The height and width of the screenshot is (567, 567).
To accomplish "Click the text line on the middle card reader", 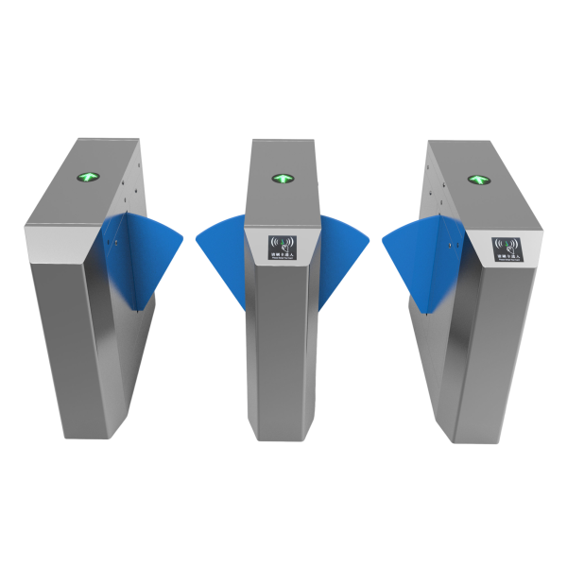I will coord(283,256).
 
